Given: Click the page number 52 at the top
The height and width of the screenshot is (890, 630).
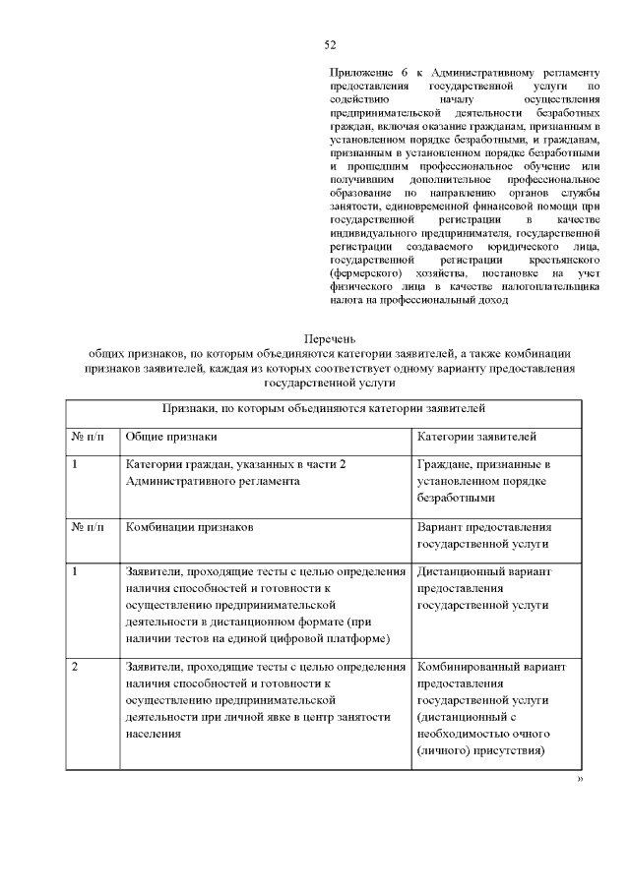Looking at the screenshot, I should [331, 44].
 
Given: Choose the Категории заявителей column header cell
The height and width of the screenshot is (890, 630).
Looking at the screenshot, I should [476, 435].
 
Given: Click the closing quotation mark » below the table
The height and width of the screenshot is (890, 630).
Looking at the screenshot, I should [580, 780].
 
